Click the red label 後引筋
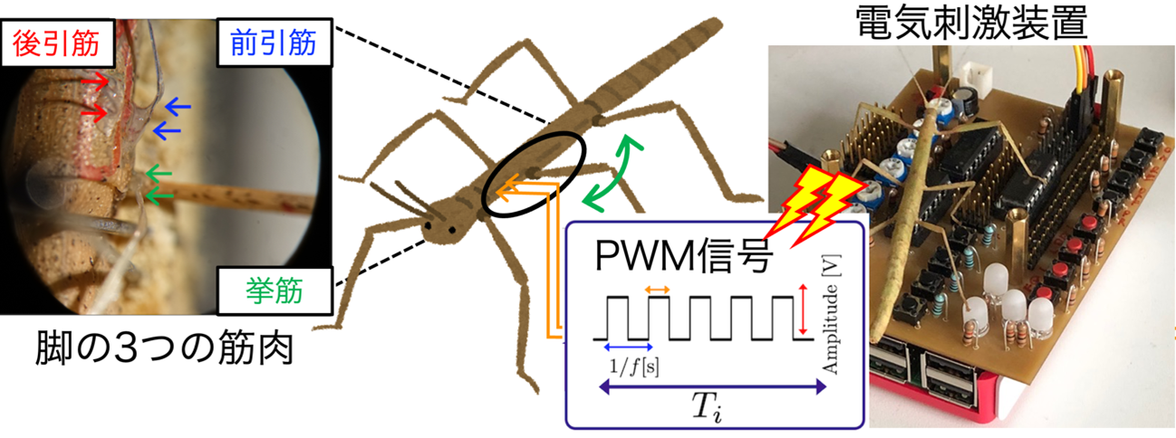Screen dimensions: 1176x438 tap(56, 43)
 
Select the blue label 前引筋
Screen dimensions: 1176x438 tap(274, 43)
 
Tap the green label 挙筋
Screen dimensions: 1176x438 tap(274, 290)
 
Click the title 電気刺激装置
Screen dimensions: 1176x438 tap(972, 23)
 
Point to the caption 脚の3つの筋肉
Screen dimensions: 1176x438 tap(164, 348)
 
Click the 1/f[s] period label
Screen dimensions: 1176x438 tap(633, 366)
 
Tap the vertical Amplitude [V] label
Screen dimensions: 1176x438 tap(832, 314)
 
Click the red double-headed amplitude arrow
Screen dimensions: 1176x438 tap(802, 309)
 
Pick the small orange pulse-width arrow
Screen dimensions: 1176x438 tap(658, 289)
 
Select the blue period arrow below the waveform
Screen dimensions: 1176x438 tap(629, 347)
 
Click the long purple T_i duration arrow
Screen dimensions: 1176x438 tap(713, 387)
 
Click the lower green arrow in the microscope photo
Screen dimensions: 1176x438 tap(159, 195)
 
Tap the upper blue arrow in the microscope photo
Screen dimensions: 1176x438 tap(178, 107)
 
